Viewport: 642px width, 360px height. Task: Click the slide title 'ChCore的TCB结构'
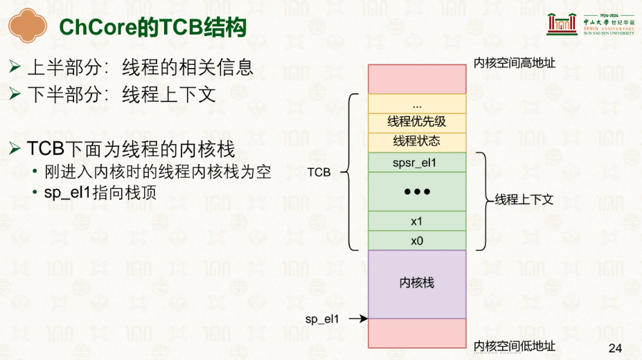(x=152, y=28)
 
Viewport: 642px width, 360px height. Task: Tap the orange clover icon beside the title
(x=28, y=26)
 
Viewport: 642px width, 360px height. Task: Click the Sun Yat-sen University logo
(x=591, y=24)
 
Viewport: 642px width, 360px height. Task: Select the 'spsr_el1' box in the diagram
(x=417, y=163)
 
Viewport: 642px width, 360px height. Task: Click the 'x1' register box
(x=417, y=222)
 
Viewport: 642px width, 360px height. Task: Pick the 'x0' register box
(x=417, y=241)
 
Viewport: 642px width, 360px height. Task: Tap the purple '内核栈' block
(x=417, y=285)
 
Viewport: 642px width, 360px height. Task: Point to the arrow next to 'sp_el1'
(x=358, y=318)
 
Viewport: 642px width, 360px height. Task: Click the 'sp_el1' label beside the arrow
(x=322, y=319)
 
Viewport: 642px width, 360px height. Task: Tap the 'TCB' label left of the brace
(x=319, y=172)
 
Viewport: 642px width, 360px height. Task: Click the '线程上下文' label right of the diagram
(x=524, y=199)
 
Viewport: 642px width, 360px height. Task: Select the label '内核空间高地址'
(x=515, y=63)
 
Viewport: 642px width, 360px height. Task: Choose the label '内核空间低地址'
(x=515, y=346)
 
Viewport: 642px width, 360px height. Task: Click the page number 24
(x=616, y=348)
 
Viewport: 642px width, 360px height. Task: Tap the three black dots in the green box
(x=417, y=192)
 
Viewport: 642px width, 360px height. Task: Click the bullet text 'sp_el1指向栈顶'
(x=100, y=192)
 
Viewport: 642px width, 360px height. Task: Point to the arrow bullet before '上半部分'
(x=15, y=66)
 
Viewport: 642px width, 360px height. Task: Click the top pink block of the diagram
(x=417, y=79)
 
